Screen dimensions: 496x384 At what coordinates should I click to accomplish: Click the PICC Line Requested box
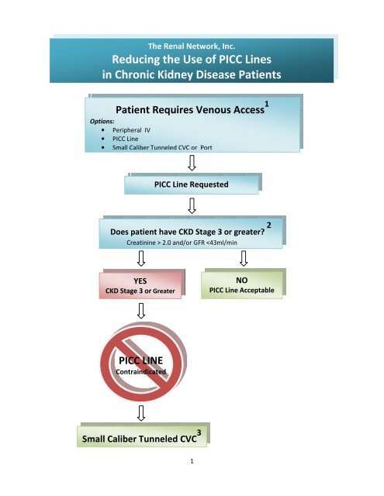(x=192, y=185)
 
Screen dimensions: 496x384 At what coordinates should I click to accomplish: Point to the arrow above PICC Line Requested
(x=192, y=164)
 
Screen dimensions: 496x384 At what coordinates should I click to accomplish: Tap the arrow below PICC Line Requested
(x=192, y=207)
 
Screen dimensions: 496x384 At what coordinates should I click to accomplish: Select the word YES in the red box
(x=141, y=282)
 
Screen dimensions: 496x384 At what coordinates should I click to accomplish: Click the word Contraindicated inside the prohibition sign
(x=141, y=372)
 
